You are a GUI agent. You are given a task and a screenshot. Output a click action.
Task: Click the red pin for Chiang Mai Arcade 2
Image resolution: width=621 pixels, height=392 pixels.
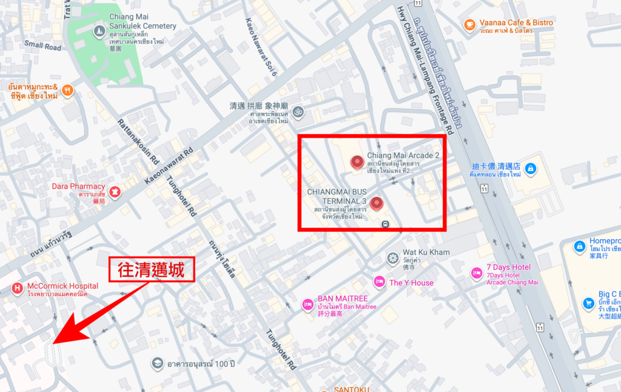coord(357,163)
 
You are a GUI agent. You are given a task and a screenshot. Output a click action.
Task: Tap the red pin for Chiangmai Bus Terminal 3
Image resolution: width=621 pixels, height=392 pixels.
coord(378,204)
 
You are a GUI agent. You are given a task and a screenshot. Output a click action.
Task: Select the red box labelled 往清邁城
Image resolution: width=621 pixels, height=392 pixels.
coord(152,269)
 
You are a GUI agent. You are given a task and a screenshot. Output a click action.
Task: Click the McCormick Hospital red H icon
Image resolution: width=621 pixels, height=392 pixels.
coord(17,287)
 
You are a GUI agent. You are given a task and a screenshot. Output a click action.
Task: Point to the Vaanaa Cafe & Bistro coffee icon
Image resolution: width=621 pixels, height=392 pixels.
coord(469,24)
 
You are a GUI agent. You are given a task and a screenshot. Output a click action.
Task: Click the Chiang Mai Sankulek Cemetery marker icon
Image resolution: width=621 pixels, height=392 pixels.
coord(99,30)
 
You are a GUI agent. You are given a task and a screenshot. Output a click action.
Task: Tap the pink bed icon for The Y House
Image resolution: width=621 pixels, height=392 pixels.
coord(379,282)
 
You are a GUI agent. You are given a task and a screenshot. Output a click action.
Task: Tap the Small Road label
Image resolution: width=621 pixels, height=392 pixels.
coord(43,46)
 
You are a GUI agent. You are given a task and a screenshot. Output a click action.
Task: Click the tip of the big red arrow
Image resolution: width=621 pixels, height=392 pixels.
coord(53,343)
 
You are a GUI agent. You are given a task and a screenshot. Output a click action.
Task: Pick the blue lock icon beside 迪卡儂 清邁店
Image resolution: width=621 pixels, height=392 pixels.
coord(530,168)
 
